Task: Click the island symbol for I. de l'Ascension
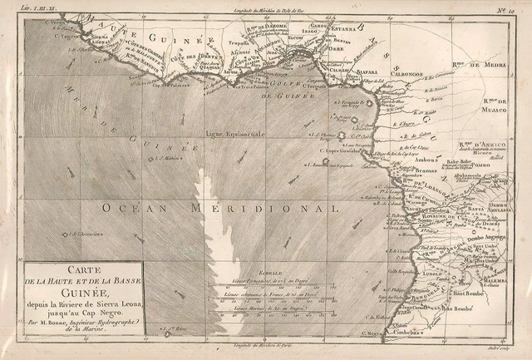pyautogui.click(x=64, y=234)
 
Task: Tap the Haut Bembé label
pyautogui.click(x=470, y=292)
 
